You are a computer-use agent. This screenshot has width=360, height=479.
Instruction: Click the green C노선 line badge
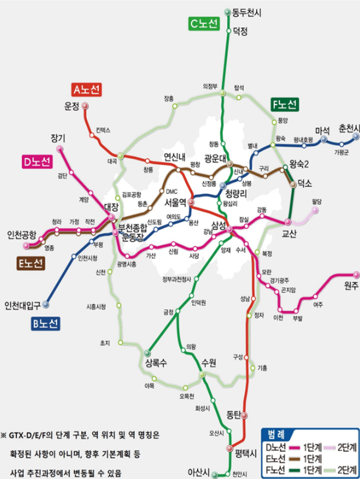point(204,24)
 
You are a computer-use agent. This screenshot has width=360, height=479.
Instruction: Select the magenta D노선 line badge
point(36,162)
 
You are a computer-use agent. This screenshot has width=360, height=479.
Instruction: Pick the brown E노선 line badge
point(30,263)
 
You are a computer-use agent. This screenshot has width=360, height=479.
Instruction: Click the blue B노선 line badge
point(45,323)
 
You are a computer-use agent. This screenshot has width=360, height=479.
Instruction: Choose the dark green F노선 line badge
point(285,104)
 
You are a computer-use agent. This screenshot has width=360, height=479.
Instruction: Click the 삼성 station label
point(218,225)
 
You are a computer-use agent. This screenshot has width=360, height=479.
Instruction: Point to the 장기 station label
point(58,138)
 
